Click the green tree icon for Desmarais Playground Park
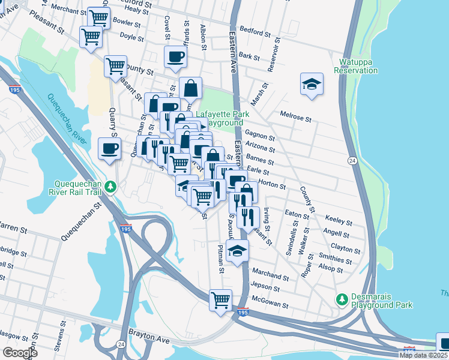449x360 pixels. point(342,299)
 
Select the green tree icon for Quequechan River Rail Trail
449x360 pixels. point(110,187)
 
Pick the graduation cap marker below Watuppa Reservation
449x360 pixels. point(312,84)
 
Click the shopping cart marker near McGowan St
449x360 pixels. point(220,299)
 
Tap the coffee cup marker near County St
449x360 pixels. point(175,57)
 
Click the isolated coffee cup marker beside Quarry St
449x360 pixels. point(109,148)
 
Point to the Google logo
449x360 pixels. point(20,353)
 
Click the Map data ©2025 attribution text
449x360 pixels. point(423,355)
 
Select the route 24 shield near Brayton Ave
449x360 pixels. point(121,344)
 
